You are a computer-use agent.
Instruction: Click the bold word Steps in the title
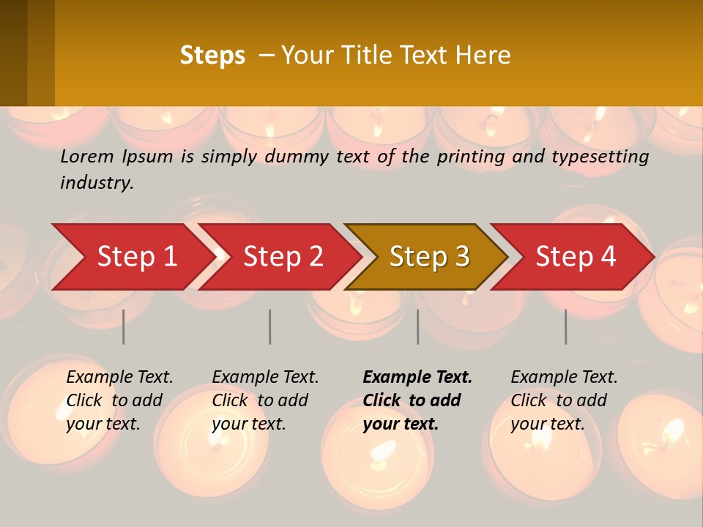pos(212,56)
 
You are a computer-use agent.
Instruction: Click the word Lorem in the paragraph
pos(87,156)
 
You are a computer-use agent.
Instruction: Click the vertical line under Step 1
pos(124,326)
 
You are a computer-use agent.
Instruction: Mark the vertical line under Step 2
pos(270,326)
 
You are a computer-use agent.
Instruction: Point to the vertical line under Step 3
pos(417,326)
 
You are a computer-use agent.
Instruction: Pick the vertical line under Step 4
pos(565,326)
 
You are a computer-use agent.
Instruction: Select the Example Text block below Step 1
pos(119,400)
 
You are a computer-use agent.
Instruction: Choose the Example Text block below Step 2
pos(264,400)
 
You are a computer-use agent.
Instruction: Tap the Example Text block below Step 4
pos(563,400)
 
